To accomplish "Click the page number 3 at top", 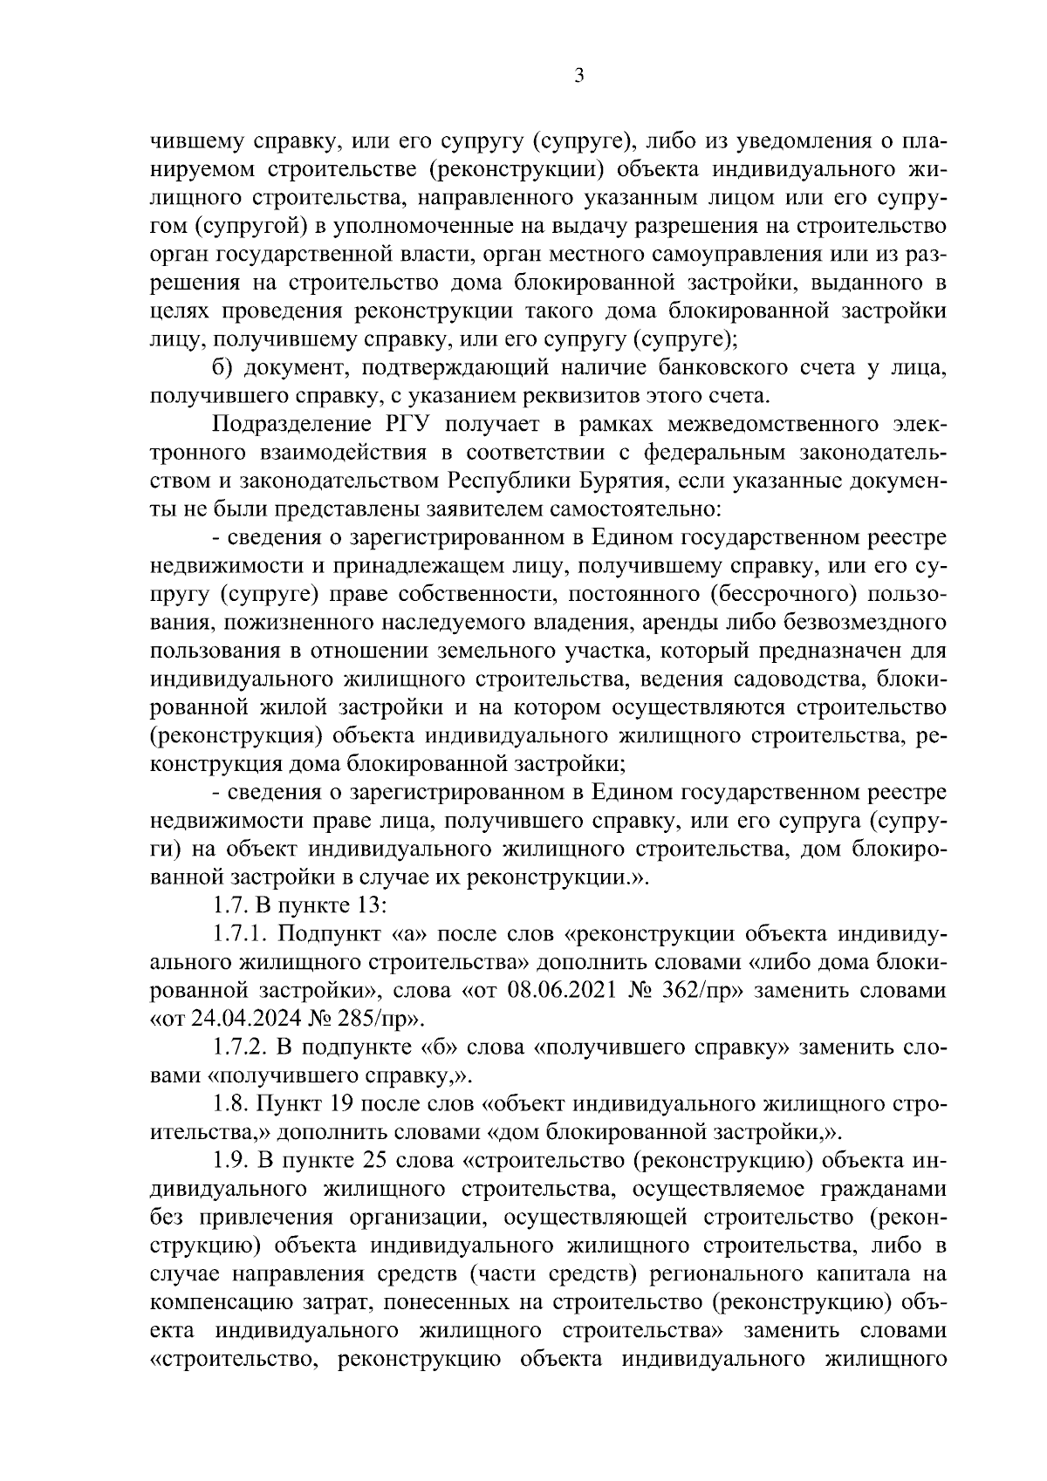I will point(578,76).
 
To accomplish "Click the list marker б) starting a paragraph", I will point(222,368).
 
